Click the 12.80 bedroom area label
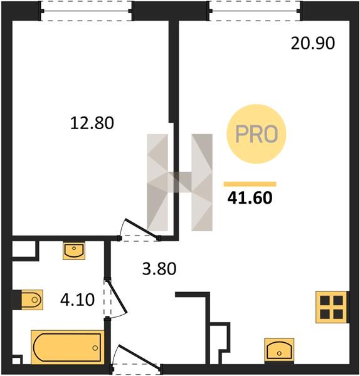(92, 123)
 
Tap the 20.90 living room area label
(313, 43)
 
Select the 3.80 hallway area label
(159, 269)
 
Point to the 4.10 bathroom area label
(77, 300)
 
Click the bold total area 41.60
(250, 198)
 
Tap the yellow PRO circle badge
(257, 134)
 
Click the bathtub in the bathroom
(68, 347)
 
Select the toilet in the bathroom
(32, 300)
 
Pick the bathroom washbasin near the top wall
(74, 251)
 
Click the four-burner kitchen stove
(331, 307)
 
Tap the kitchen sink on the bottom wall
(279, 350)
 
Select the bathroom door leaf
(117, 296)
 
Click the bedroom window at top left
(87, 11)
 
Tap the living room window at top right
(255, 11)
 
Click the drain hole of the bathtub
(95, 348)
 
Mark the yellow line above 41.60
(250, 184)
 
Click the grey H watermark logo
(179, 182)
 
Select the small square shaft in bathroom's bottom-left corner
(16, 361)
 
